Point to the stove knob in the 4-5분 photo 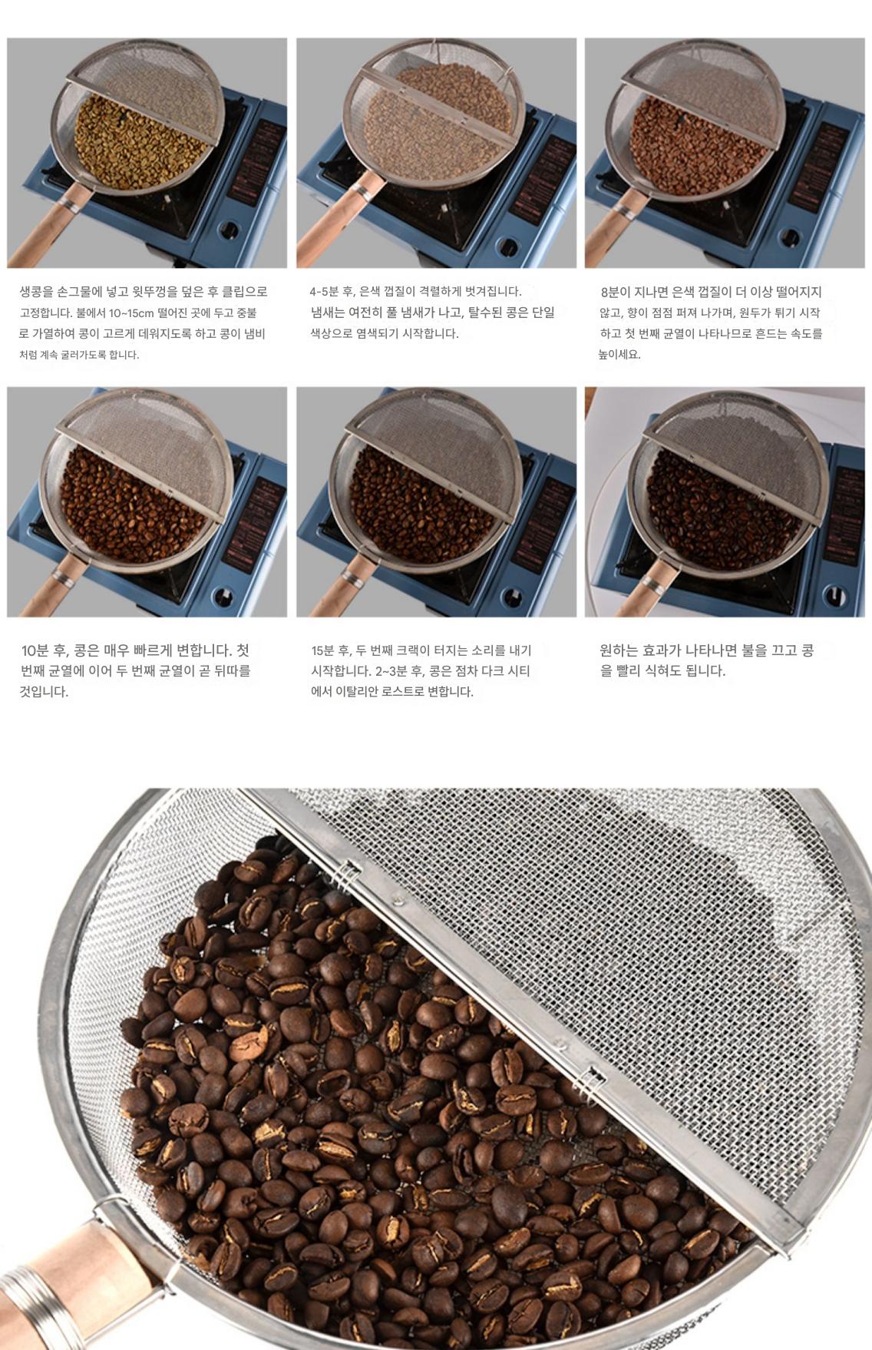click(x=510, y=247)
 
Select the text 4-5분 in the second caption click(x=325, y=292)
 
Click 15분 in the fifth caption click(x=325, y=650)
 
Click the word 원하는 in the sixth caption click(x=619, y=650)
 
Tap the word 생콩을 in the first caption click(x=35, y=292)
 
